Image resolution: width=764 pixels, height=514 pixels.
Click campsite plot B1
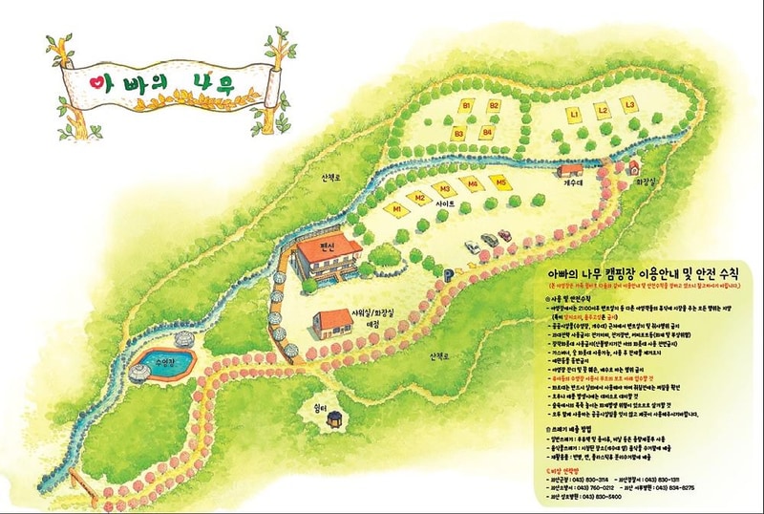[468, 104]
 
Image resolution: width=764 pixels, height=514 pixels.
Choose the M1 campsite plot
[393, 206]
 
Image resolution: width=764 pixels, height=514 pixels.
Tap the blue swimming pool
[162, 361]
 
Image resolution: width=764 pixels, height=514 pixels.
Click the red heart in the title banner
[95, 83]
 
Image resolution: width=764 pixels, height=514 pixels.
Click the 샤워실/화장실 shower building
[332, 323]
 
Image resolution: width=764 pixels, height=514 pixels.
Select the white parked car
[472, 247]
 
